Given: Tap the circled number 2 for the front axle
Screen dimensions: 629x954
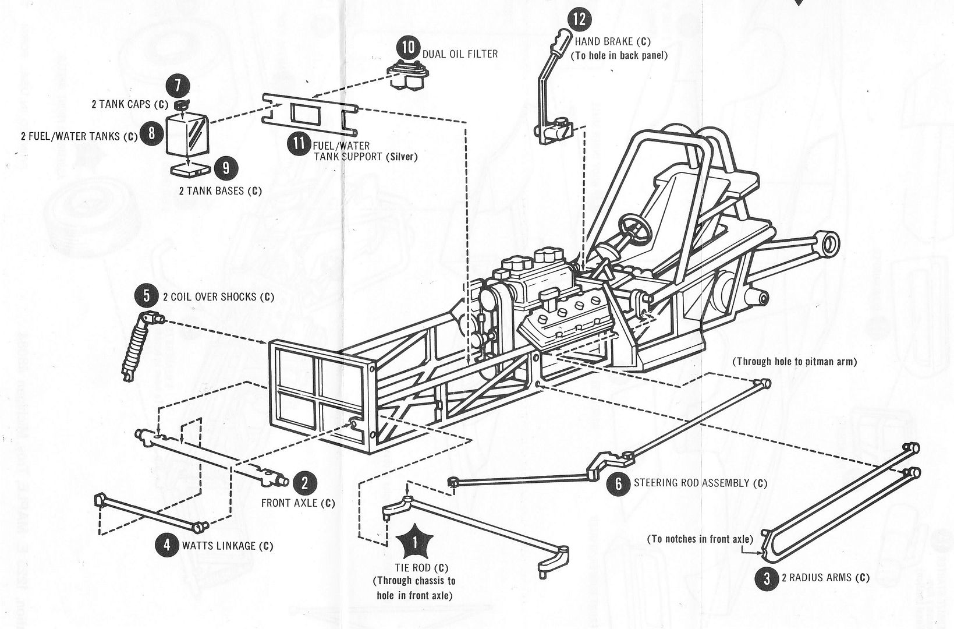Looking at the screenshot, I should point(304,482).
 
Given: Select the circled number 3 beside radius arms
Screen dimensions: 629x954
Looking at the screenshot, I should point(767,578).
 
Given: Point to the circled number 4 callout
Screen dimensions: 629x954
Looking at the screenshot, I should point(167,545).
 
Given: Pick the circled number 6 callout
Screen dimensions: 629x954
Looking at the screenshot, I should point(619,483).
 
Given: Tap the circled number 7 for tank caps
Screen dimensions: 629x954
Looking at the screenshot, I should point(176,86).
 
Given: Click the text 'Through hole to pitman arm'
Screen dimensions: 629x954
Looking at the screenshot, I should point(795,362).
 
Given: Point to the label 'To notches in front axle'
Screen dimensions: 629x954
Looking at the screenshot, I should point(700,539).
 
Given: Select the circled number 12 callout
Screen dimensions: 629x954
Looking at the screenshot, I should point(579,19).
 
